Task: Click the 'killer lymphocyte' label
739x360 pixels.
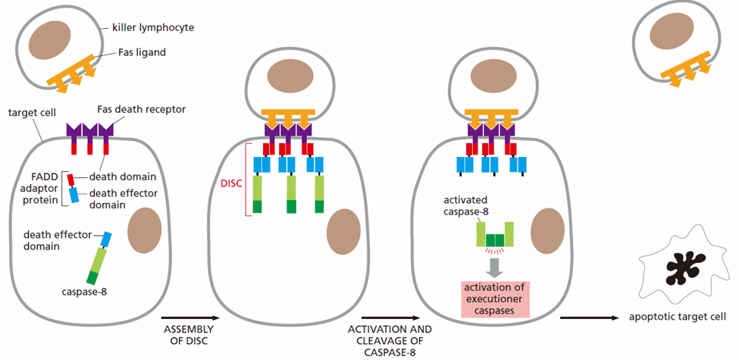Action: pyautogui.click(x=153, y=28)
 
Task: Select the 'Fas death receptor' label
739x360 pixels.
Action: pyautogui.click(x=141, y=110)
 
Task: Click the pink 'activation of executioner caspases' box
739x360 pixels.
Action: pyautogui.click(x=495, y=299)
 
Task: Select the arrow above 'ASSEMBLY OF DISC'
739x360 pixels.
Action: pyautogui.click(x=191, y=318)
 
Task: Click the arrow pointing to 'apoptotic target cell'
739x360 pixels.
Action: pyautogui.click(x=590, y=318)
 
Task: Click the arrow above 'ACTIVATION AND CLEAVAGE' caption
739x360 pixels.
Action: pyautogui.click(x=390, y=318)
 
